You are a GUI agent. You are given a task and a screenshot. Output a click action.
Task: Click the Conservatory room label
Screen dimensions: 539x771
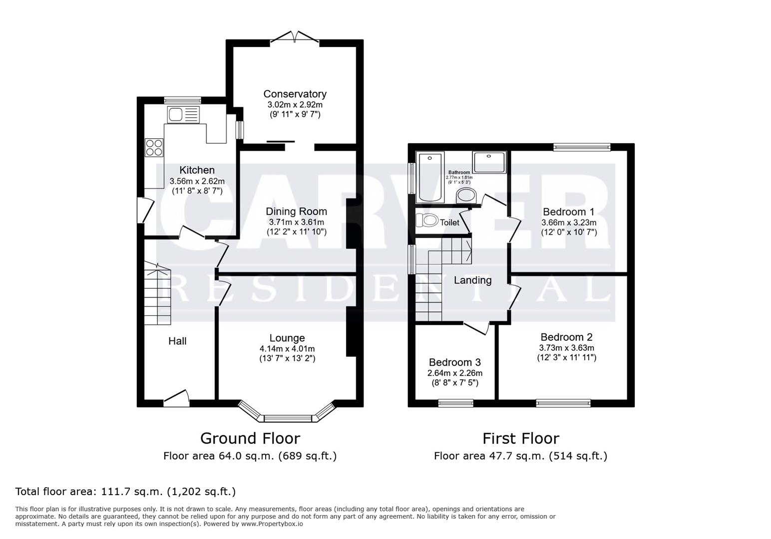click(295, 94)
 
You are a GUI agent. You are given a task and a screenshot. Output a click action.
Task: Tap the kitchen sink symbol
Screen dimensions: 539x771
click(183, 114)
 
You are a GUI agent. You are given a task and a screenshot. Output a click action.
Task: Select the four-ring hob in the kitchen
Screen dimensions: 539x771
click(154, 147)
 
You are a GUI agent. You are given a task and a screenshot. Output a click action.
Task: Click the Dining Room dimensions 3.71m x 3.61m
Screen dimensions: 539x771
click(296, 222)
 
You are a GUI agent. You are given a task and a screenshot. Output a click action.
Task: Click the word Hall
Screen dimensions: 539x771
click(177, 341)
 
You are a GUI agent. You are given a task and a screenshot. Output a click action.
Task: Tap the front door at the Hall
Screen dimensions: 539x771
click(176, 397)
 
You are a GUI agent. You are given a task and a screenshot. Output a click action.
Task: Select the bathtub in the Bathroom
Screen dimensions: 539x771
click(429, 177)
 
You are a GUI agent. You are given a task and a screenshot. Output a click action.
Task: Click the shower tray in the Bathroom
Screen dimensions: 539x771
click(489, 163)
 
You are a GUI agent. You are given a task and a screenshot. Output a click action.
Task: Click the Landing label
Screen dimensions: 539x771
click(472, 280)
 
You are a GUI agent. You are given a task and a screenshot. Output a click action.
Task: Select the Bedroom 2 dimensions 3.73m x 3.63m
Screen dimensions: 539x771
click(567, 348)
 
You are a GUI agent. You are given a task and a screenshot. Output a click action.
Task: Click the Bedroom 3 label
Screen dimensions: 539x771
click(454, 362)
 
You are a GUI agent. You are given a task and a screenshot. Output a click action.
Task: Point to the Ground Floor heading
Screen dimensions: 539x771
click(250, 438)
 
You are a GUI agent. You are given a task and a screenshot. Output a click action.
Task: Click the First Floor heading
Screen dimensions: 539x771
click(520, 438)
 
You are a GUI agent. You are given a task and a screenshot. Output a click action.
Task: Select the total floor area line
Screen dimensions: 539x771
click(125, 492)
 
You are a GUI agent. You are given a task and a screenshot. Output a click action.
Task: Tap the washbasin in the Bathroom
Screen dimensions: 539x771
click(467, 195)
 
